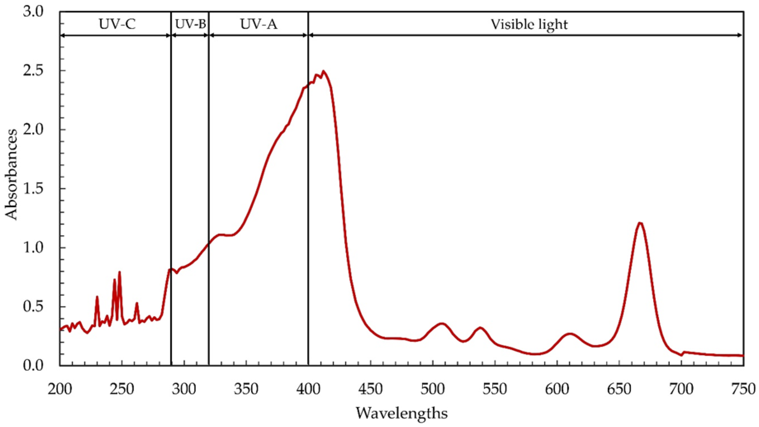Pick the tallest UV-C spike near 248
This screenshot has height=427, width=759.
(119, 272)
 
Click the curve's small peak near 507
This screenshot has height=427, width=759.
(441, 324)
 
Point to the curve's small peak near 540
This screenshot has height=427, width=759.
(480, 328)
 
